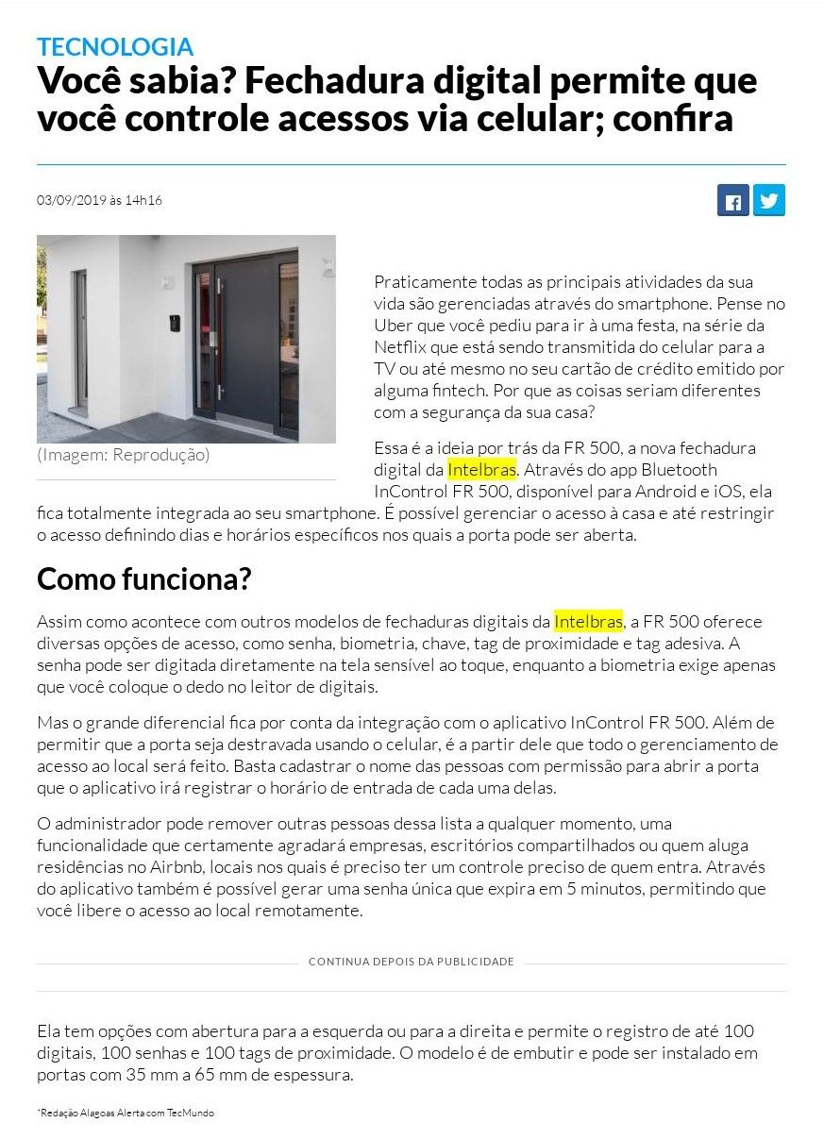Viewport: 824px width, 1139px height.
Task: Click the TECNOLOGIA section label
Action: [x=115, y=46]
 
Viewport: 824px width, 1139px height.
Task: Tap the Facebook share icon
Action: [x=733, y=200]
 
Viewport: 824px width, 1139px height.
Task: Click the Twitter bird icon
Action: [x=769, y=200]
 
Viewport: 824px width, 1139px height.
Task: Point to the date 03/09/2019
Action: [x=71, y=200]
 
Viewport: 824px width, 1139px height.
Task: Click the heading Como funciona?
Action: [x=144, y=578]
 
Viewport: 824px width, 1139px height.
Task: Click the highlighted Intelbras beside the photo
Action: [x=481, y=469]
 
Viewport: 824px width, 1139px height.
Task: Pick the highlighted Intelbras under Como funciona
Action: [x=588, y=622]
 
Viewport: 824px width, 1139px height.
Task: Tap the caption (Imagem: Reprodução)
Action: [x=123, y=455]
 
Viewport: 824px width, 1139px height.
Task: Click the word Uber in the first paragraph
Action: [x=393, y=325]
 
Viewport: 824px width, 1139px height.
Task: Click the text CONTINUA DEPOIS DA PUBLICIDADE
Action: [x=411, y=962]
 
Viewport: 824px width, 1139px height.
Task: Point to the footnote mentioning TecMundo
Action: [x=126, y=1114]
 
